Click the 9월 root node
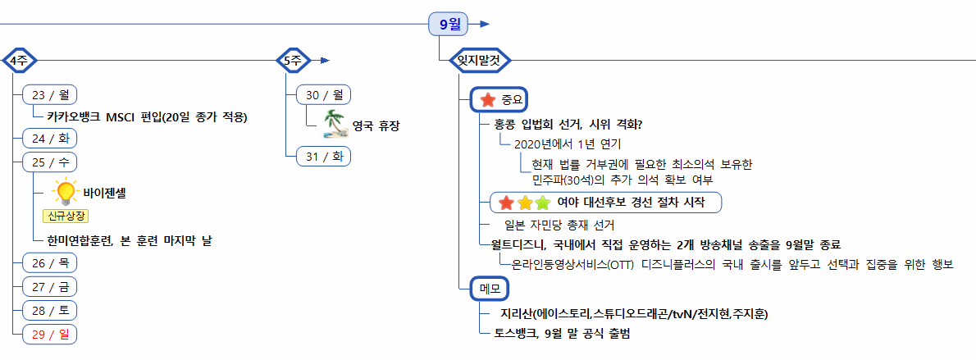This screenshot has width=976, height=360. pyautogui.click(x=449, y=24)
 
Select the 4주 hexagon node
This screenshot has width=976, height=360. pyautogui.click(x=17, y=60)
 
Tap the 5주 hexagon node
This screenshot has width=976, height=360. pyautogui.click(x=292, y=60)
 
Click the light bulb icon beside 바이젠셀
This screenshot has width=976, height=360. pyautogui.click(x=64, y=192)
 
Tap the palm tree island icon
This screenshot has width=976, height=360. pyautogui.click(x=334, y=124)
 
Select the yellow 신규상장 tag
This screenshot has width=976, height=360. pyautogui.click(x=66, y=216)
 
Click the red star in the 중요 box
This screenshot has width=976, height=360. pyautogui.click(x=487, y=100)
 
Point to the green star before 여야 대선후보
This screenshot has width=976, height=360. pyautogui.click(x=541, y=202)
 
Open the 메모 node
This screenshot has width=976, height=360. pyautogui.click(x=490, y=288)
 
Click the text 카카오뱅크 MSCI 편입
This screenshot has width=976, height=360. pyautogui.click(x=147, y=116)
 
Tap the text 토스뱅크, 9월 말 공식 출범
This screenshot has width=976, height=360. pyautogui.click(x=562, y=334)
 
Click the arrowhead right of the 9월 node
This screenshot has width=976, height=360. pyautogui.click(x=485, y=24)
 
